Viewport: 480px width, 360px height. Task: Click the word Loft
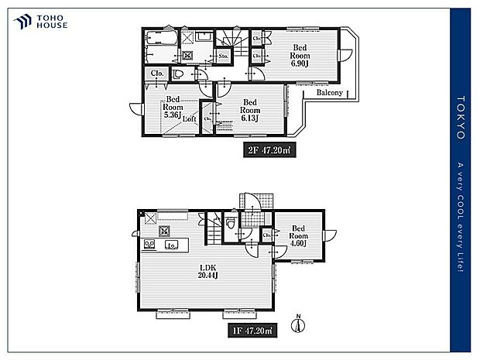[x=189, y=118]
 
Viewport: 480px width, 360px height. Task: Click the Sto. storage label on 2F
[x=223, y=57]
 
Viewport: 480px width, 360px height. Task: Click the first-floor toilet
[x=230, y=225]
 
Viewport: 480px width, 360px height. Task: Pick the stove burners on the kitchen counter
[x=149, y=245]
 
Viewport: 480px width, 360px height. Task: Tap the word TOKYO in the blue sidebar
[x=461, y=116]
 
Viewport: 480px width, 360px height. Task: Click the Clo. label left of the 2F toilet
[x=156, y=74]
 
